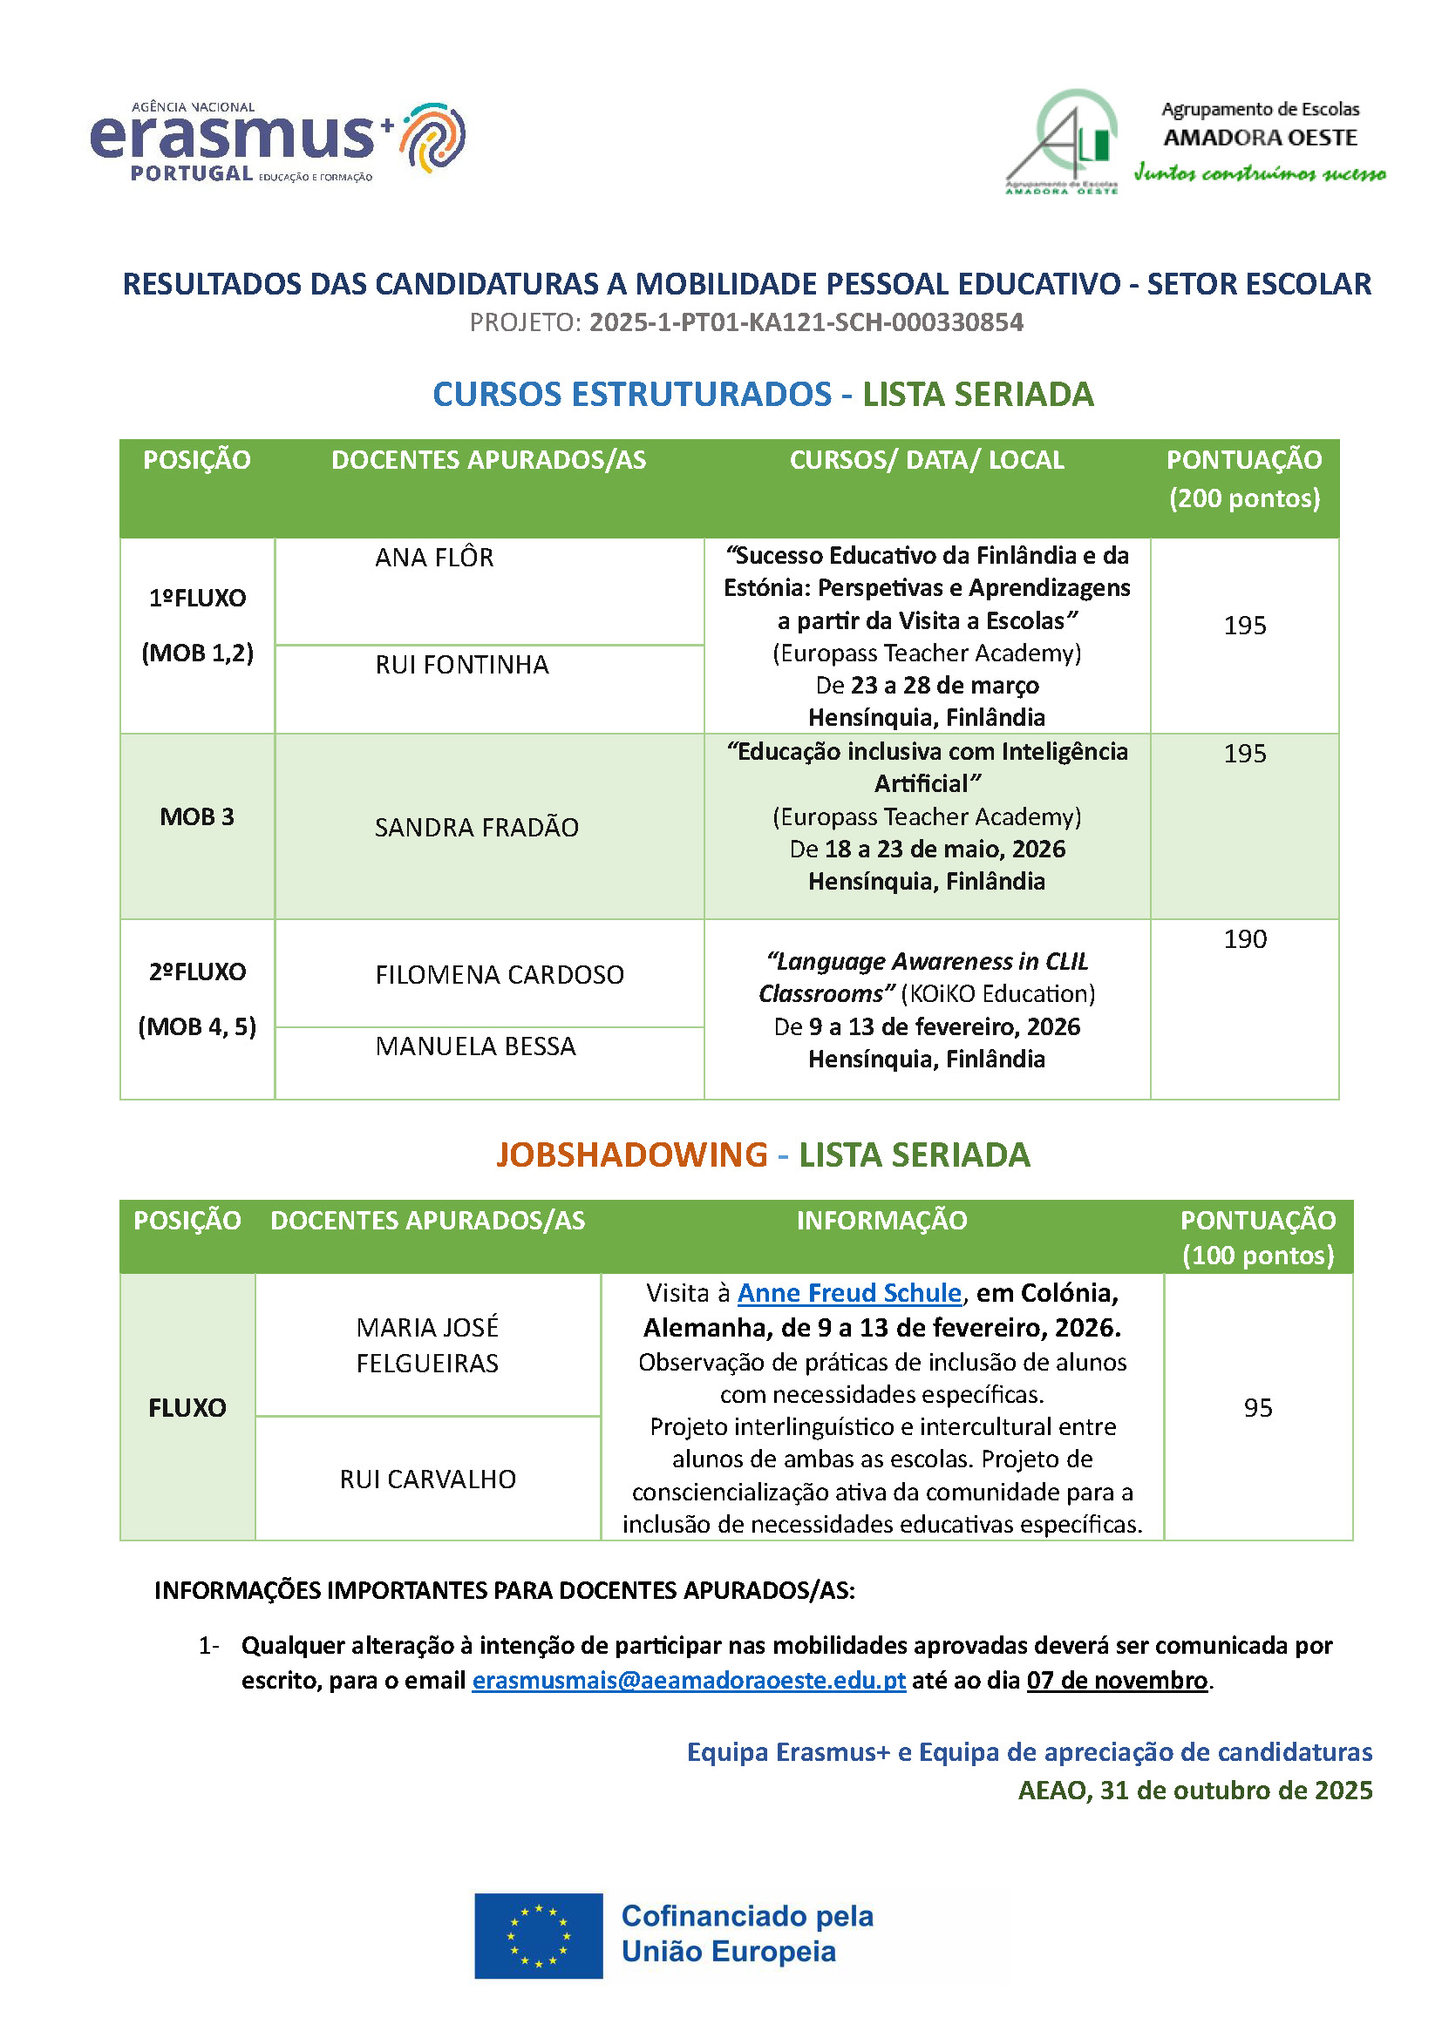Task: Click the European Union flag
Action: click(538, 1936)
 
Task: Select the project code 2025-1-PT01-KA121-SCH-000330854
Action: click(806, 322)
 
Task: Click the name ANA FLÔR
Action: click(434, 558)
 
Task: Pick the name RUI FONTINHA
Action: click(462, 665)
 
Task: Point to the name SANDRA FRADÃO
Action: click(476, 827)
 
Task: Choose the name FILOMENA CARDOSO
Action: click(499, 975)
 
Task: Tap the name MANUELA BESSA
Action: click(475, 1046)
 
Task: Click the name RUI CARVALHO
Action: click(428, 1479)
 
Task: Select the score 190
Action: click(1245, 939)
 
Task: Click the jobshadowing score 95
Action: click(1257, 1408)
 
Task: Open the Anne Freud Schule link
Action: click(849, 1293)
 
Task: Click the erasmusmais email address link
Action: click(688, 1680)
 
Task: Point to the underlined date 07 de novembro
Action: click(1117, 1680)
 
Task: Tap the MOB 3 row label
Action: click(197, 816)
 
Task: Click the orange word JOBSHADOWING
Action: click(631, 1154)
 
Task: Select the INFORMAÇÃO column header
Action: click(881, 1221)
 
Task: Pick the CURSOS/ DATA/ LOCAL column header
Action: click(927, 460)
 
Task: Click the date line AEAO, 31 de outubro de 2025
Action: click(1195, 1791)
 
